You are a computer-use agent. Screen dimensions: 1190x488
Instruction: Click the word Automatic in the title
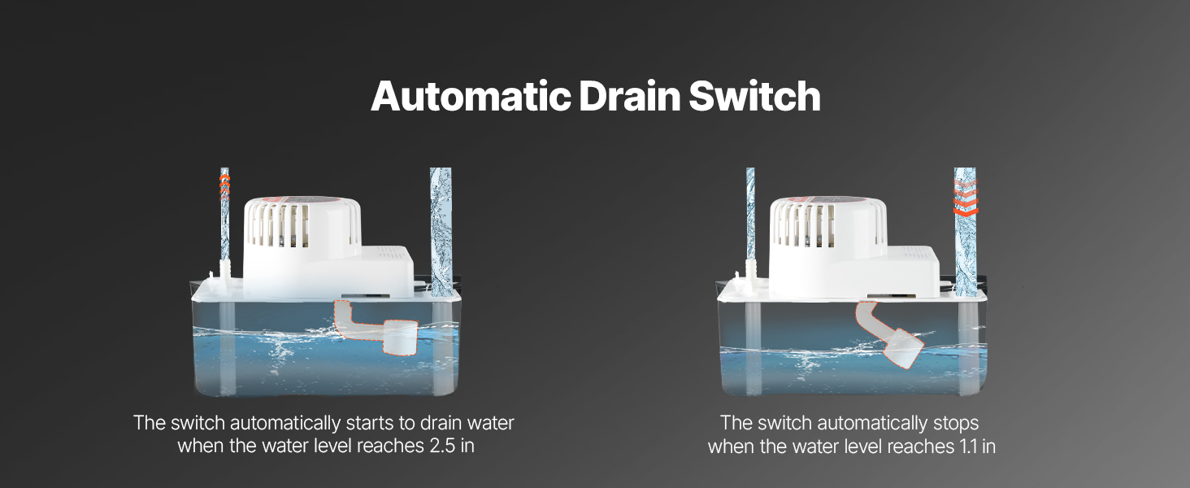tap(471, 96)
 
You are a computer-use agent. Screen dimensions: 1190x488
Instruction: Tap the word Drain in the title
tap(629, 96)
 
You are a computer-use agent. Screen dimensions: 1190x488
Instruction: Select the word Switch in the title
tap(754, 96)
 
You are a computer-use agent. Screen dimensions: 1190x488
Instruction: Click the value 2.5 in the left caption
tap(442, 446)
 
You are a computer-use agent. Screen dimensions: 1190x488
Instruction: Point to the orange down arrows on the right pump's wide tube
tap(966, 198)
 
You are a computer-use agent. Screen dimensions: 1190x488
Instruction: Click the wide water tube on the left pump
tap(441, 232)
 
